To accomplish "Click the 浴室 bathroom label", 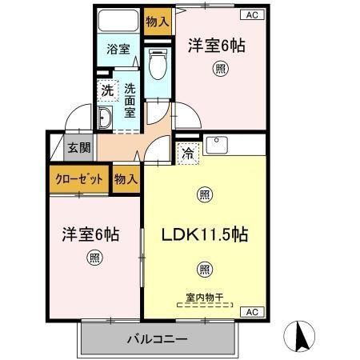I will [x=118, y=49].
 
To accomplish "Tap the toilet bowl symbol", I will [x=157, y=63].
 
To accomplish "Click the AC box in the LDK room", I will [x=249, y=311].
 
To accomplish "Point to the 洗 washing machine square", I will [x=106, y=90].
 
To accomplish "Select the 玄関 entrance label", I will [x=78, y=147].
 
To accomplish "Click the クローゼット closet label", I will [x=78, y=178].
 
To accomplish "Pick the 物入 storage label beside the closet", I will [x=126, y=178].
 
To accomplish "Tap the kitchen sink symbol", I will [x=218, y=145].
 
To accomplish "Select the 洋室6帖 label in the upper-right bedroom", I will [x=217, y=46].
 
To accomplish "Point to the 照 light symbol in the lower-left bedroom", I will [x=94, y=258].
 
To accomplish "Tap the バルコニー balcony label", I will [x=157, y=339].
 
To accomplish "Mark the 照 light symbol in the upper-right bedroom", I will [x=218, y=70].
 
